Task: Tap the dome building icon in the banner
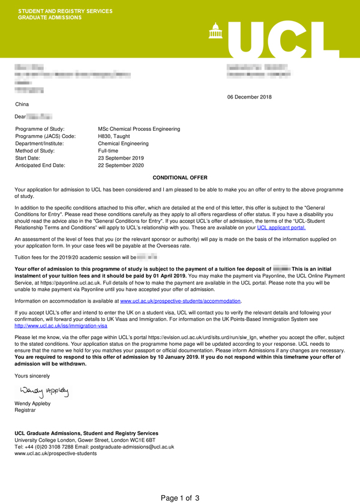click(214, 30)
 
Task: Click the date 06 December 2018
click(249, 97)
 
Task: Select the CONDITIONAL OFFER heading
click(180, 178)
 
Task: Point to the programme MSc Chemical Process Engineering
click(139, 129)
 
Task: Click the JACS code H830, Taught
click(115, 136)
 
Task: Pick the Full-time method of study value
click(109, 151)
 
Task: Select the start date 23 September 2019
click(123, 158)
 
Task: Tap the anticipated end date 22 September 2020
click(123, 165)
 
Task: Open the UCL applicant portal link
click(281, 227)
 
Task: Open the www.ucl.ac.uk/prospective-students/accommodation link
click(180, 300)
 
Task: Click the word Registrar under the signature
click(26, 411)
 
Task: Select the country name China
click(22, 104)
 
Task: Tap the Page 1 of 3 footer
click(180, 498)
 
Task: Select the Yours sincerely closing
click(32, 376)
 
